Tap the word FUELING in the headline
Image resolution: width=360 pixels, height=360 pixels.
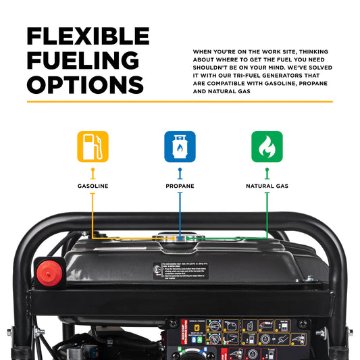[82, 60]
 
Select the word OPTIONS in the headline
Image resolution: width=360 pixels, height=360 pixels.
[85, 84]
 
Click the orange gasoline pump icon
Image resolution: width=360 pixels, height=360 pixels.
[93, 147]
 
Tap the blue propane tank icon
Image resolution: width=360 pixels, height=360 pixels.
[180, 147]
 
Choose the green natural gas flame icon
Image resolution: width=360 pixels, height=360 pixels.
[267, 147]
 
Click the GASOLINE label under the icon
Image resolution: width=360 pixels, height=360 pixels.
[93, 186]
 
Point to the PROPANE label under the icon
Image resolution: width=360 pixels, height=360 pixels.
[180, 186]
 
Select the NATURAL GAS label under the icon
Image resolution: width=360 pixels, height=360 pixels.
[267, 186]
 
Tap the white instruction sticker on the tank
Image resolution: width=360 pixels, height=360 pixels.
[180, 270]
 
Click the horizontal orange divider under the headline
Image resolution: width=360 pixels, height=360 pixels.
[180, 101]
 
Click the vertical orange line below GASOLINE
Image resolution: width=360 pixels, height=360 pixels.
[93, 213]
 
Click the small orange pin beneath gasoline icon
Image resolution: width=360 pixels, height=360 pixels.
[93, 173]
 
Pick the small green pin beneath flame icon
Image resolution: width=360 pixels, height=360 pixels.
[267, 173]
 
